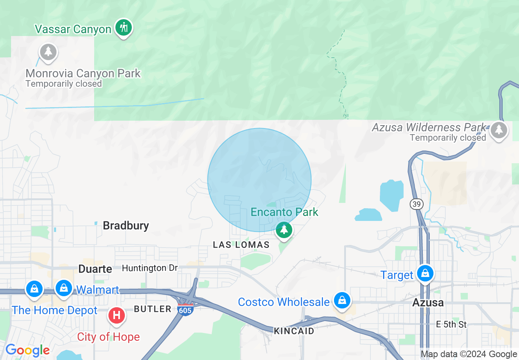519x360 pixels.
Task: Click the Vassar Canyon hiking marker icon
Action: (x=123, y=28)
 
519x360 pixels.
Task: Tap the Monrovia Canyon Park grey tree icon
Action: (x=48, y=52)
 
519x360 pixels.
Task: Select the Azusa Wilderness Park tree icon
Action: (x=499, y=130)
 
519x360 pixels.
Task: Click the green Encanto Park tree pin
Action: (x=284, y=229)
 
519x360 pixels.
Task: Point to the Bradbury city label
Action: (x=126, y=225)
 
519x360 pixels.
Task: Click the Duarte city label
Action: (x=95, y=269)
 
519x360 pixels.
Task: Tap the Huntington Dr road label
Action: (x=150, y=268)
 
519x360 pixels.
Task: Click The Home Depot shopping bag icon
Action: (x=34, y=288)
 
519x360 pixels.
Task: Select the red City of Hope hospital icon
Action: (x=116, y=315)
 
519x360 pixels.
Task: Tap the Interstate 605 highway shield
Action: (x=185, y=309)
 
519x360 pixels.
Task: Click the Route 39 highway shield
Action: (x=417, y=204)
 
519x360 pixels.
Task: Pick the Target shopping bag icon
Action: (x=425, y=273)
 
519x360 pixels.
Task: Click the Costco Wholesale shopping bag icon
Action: (x=341, y=301)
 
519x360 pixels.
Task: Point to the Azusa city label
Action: (x=428, y=303)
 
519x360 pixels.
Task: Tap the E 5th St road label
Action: (x=451, y=324)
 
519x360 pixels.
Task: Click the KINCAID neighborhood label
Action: (x=294, y=331)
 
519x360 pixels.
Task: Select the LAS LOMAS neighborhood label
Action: (x=241, y=245)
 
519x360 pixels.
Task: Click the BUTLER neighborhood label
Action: (x=153, y=309)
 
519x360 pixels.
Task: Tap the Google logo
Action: (x=27, y=350)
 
